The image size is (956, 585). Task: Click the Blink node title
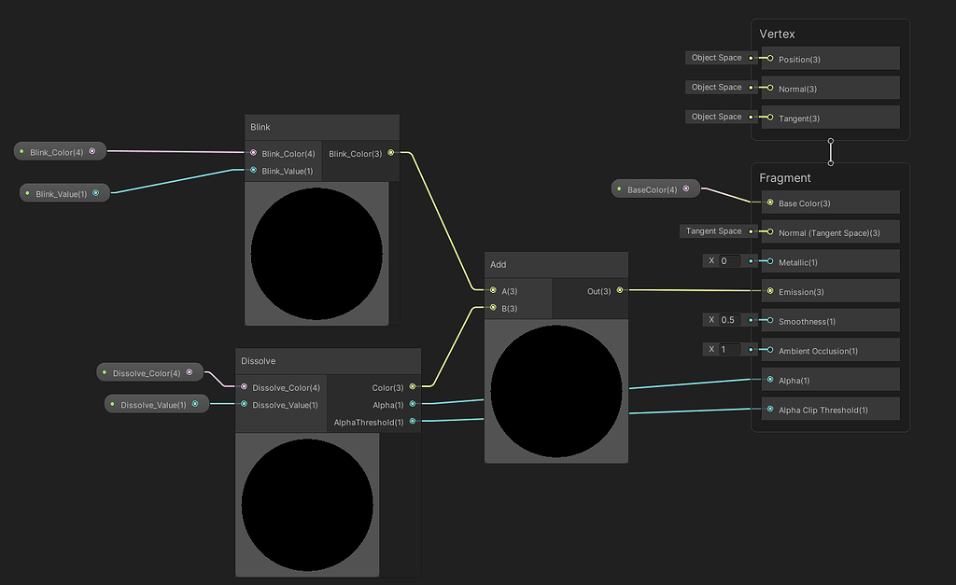coord(260,127)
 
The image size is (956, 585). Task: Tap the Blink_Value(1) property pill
coord(62,193)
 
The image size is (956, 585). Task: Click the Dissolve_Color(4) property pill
coord(148,373)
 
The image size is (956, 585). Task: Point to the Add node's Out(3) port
coord(619,291)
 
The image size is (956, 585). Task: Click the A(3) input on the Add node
coord(494,291)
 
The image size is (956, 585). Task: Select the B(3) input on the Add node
coord(494,308)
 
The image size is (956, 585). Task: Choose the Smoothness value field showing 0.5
coord(729,320)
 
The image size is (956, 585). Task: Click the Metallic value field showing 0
coord(729,261)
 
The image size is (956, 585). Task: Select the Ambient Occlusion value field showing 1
coord(729,350)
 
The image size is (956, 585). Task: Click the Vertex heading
coord(777,35)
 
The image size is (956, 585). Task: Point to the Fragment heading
coord(785,178)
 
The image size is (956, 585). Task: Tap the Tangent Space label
coord(714,231)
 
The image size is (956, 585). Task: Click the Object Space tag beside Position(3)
coord(716,58)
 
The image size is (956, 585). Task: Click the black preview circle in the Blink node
coord(316,254)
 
